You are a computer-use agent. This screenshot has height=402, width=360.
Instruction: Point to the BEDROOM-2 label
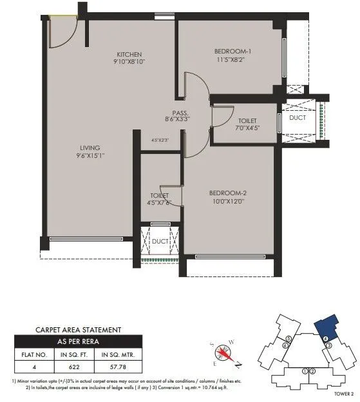pyautogui.click(x=228, y=192)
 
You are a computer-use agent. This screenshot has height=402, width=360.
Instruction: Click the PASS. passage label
pyautogui.click(x=180, y=111)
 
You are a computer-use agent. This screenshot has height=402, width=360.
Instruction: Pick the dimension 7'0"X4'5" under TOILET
pyautogui.click(x=247, y=129)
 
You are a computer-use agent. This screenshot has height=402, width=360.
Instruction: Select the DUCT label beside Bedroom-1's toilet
pyautogui.click(x=297, y=119)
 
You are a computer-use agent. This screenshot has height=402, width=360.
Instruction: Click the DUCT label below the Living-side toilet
pyautogui.click(x=160, y=242)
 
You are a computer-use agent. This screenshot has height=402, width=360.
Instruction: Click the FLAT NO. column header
pyautogui.click(x=32, y=353)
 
